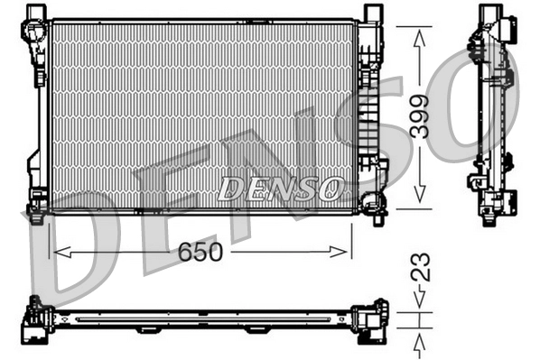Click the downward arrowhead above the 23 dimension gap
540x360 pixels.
419,303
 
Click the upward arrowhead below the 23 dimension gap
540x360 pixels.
419,337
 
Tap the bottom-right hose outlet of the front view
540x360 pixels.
377,203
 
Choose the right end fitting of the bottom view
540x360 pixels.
370,319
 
